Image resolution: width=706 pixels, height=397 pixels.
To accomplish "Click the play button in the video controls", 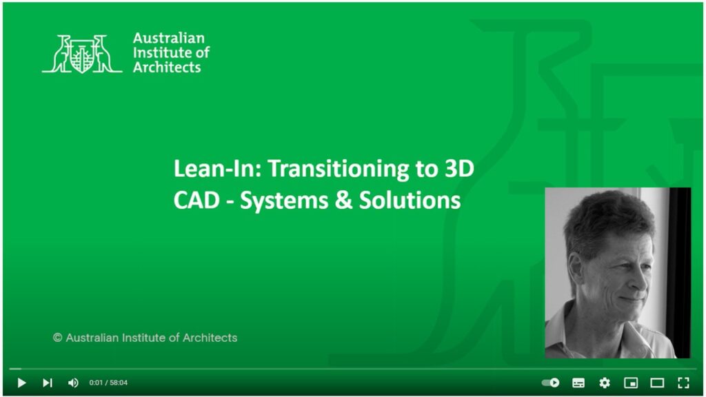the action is [x=21, y=383].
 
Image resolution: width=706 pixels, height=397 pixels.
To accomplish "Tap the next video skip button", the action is [x=48, y=383].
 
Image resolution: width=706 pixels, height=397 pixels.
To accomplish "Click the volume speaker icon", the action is [x=73, y=383].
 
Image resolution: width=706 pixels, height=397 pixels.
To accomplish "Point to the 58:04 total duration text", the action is [x=119, y=383].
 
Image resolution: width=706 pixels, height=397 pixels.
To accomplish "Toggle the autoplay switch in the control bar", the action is [x=550, y=383].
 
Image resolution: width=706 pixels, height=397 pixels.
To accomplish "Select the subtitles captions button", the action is [x=578, y=383].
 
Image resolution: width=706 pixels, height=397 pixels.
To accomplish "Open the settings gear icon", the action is [x=605, y=383].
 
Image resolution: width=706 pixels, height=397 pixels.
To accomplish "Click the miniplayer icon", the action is [x=631, y=383].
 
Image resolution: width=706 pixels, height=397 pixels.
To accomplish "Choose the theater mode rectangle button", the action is [x=657, y=383].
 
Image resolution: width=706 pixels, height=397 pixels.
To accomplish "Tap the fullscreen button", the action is [x=683, y=383].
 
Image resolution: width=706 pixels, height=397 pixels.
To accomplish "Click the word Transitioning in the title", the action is [x=339, y=169].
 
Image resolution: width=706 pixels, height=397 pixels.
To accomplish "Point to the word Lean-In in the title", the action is [x=217, y=168].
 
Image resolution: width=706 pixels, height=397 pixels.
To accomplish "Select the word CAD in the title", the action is [x=196, y=200].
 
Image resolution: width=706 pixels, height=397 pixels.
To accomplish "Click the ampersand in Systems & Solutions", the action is [x=343, y=200].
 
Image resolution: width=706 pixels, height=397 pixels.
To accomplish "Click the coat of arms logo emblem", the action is [x=83, y=54].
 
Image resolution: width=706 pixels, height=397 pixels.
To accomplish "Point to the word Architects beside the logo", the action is [x=167, y=68].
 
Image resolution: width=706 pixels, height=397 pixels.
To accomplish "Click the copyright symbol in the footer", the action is [x=58, y=338].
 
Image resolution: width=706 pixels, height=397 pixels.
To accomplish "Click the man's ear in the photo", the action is [x=575, y=268].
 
